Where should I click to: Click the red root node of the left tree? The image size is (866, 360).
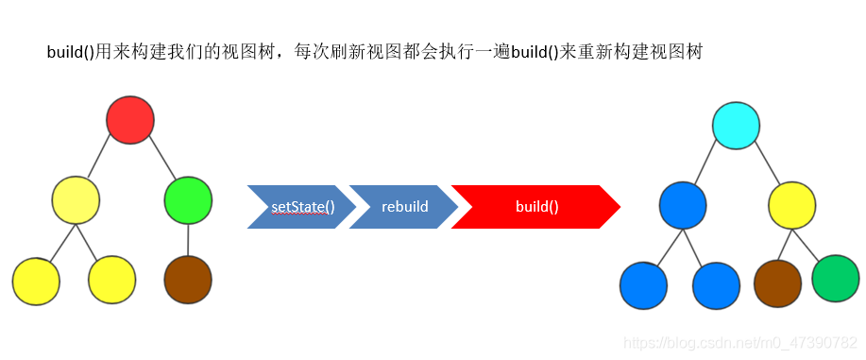click(130, 120)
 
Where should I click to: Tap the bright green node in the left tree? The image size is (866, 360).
click(188, 199)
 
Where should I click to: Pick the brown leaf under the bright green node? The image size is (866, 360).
click(188, 279)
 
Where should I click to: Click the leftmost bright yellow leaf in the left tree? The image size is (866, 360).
click(37, 280)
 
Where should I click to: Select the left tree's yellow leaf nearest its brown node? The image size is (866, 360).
click(112, 280)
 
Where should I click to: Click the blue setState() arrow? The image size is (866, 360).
click(301, 207)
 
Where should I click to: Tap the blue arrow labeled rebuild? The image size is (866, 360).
click(404, 207)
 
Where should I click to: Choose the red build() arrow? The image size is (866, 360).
click(535, 207)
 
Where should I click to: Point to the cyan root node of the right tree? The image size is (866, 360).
click(737, 126)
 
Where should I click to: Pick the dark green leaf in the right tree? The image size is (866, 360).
click(836, 278)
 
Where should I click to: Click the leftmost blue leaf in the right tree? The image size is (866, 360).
click(644, 285)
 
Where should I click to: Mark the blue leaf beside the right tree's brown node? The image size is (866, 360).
click(716, 285)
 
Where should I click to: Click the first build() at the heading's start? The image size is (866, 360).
click(70, 53)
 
